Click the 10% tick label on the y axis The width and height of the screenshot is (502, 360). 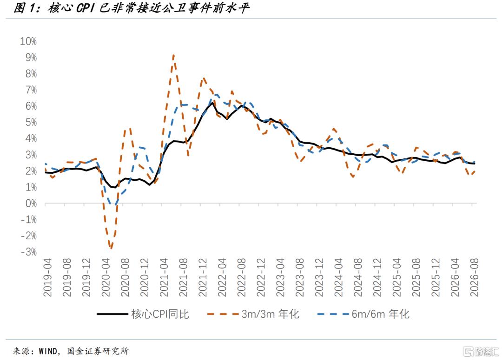28,41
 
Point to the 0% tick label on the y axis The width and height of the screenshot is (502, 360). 31,203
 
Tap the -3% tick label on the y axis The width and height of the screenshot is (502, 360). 29,252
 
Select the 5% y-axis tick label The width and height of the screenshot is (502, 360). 31,122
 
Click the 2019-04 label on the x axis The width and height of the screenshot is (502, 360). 47,277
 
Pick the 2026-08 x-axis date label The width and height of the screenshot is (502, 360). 474,277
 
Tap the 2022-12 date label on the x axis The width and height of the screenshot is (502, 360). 261,277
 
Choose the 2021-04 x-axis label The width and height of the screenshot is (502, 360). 164,277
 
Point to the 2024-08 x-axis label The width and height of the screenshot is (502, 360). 357,277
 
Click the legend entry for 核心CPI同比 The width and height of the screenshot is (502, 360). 143,314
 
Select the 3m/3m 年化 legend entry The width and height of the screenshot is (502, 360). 253,314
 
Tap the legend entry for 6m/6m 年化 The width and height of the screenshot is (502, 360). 363,314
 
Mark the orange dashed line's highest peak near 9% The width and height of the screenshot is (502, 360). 173,55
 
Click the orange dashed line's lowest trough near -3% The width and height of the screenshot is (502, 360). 111,248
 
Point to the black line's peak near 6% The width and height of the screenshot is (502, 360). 212,103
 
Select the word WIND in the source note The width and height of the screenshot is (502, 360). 48,351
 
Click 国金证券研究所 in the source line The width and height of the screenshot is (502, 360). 98,351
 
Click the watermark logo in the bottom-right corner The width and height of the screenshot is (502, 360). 481,351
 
